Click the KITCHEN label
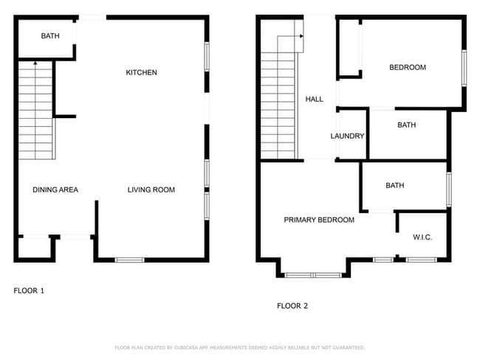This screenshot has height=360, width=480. click(141, 72)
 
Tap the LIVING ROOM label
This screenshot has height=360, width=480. click(151, 190)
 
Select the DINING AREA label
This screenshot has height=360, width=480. click(55, 190)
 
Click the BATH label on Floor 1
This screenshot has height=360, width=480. click(50, 35)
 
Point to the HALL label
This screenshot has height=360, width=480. click(314, 99)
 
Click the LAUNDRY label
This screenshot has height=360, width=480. click(347, 136)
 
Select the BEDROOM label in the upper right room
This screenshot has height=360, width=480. click(408, 68)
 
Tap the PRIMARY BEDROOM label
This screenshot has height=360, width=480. click(319, 220)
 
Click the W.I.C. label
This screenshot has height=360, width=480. click(422, 237)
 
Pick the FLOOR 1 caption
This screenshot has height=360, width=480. click(29, 291)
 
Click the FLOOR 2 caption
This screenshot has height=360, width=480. click(292, 305)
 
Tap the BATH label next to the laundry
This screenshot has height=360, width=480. click(406, 125)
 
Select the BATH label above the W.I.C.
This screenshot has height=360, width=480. click(395, 185)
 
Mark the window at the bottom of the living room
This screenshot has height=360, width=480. click(129, 260)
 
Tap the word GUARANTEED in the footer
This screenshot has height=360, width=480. click(347, 347)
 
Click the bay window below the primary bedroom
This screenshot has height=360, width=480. click(312, 275)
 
